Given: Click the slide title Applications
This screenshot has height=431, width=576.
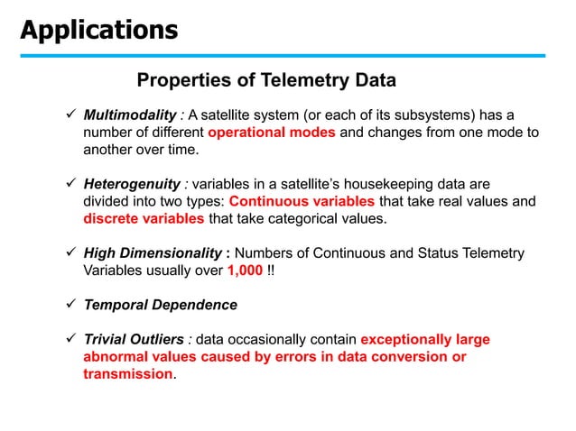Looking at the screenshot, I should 99,30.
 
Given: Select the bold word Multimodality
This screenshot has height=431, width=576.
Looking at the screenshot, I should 131,115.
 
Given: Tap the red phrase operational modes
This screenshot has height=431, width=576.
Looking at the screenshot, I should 272,132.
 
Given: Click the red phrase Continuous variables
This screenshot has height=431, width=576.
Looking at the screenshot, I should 302,201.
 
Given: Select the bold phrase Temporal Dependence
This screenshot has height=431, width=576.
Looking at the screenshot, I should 160,305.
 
